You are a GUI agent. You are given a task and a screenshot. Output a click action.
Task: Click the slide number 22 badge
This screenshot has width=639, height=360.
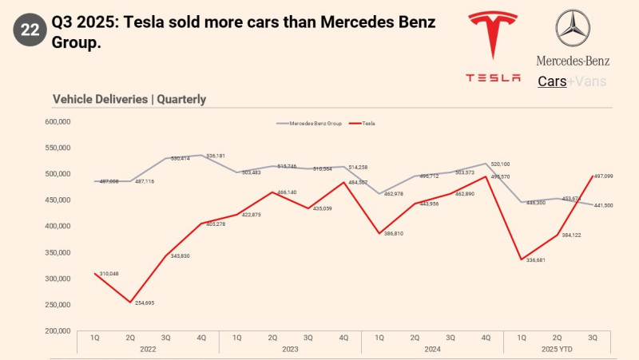(30, 30)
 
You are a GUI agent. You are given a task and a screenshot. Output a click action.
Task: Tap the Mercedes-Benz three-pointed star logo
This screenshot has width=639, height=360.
(573, 28)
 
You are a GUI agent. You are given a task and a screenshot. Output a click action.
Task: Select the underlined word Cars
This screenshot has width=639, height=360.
(552, 81)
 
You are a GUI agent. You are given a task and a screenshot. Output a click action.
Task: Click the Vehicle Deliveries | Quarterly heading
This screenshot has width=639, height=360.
(129, 99)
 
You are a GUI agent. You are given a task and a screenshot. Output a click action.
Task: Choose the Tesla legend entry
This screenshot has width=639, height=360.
(364, 124)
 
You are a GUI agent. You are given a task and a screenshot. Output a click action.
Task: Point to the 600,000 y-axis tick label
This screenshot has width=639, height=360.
(60, 121)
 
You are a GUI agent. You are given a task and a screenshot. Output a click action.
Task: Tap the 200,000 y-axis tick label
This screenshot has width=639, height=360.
(60, 330)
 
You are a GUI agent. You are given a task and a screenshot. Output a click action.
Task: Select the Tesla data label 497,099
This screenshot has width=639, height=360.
(604, 176)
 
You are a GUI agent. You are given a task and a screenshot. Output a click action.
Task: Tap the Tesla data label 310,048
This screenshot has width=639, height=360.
(109, 274)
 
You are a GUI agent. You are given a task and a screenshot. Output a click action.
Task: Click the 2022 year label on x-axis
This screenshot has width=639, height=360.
(148, 349)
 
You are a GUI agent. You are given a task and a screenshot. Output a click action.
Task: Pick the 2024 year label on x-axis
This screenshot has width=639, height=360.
(432, 349)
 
